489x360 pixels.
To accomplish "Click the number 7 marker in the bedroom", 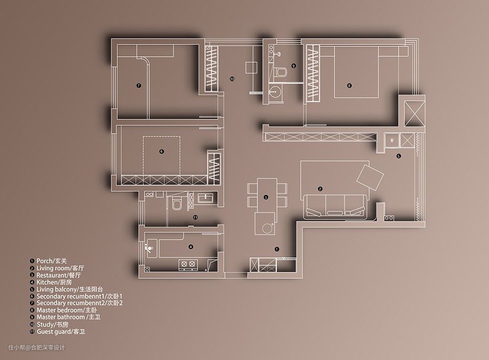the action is tap(139, 85).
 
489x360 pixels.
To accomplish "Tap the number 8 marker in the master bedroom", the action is tap(349, 86).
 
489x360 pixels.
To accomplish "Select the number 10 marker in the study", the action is tap(232, 79).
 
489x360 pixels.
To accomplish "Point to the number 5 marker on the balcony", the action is tap(399, 156).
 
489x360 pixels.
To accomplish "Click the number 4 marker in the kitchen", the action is tap(191, 247).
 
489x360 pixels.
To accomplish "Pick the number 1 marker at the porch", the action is tap(277, 249).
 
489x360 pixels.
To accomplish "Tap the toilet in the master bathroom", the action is tap(281, 72).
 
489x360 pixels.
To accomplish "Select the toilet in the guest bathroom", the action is tap(177, 203).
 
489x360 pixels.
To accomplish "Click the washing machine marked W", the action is tap(392, 140).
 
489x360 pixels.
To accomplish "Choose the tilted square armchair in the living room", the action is tap(370, 177).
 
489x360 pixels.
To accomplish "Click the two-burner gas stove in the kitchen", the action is tap(189, 265).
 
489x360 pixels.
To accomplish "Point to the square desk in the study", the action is tap(251, 67).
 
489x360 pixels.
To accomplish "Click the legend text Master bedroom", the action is tap(60, 310).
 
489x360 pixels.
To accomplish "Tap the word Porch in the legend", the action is tap(44, 261).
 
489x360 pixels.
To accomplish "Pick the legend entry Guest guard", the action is tap(54, 332).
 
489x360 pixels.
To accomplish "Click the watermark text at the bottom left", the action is tap(37, 347).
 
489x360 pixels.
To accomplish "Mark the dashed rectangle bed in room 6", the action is tap(162, 156).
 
